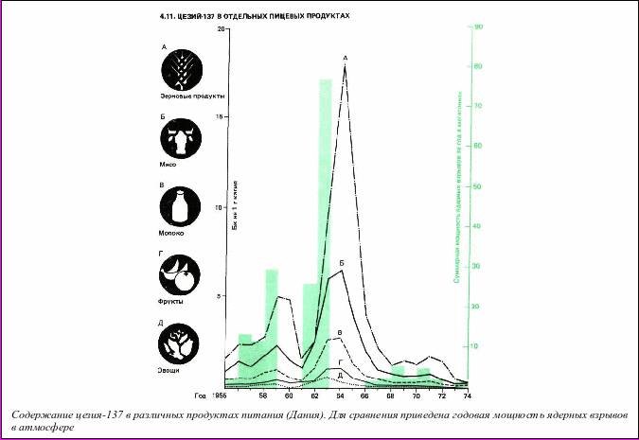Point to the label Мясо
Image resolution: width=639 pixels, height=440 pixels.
pos(169,165)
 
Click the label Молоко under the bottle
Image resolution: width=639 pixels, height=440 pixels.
pos(173,232)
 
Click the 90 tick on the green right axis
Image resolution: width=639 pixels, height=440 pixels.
pos(479,26)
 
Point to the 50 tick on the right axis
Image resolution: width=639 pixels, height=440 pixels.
pos(479,186)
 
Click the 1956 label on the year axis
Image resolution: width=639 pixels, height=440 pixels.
pos(218,395)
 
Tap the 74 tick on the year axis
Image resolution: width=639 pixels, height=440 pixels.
pos(467,395)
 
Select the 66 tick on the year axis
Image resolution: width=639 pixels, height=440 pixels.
pos(364,395)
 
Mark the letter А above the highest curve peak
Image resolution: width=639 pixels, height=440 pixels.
pos(345,59)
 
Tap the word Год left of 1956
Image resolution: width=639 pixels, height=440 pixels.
pos(200,395)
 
